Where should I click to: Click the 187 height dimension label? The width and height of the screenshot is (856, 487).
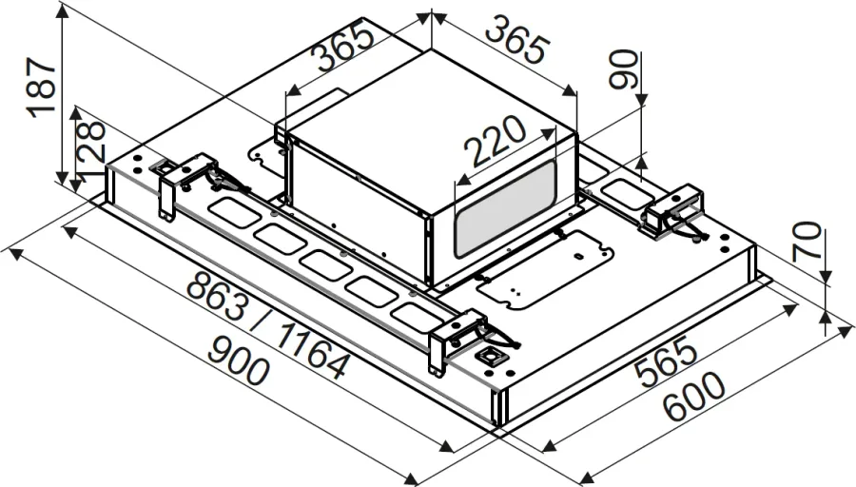tap(42, 88)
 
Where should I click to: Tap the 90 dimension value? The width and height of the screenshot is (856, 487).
tap(624, 69)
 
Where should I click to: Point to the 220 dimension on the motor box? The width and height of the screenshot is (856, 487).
tap(494, 142)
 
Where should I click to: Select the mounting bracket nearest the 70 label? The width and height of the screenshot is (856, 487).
tap(675, 213)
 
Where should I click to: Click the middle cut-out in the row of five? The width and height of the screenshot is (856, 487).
tap(322, 265)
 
